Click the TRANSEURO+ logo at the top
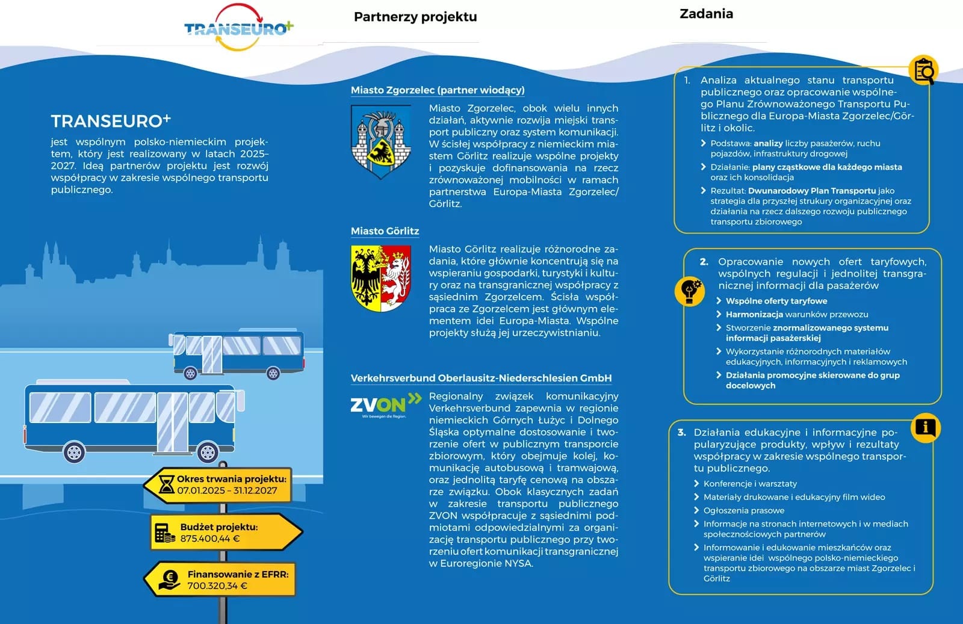click(238, 28)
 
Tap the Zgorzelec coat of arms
click(380, 142)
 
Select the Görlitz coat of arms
click(380, 278)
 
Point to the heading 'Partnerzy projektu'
click(415, 17)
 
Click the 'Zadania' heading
click(706, 14)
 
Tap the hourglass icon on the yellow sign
click(166, 484)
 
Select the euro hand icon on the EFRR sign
click(169, 579)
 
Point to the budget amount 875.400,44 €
click(210, 539)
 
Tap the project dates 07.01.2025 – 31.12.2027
click(227, 490)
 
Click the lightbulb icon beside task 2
click(689, 291)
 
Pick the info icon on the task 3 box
click(925, 427)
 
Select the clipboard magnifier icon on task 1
click(923, 70)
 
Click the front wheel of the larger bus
click(208, 451)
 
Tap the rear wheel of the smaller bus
click(190, 374)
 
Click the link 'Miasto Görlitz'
click(385, 231)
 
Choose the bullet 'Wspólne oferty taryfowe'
click(776, 301)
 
